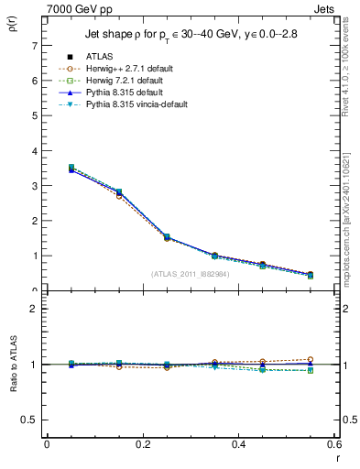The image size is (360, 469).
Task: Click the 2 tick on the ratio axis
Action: [34, 309]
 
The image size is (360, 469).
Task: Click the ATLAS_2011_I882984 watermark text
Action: [190, 274]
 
